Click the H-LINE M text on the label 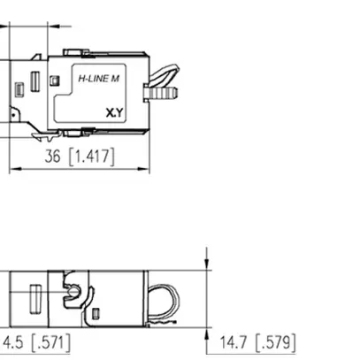tap(99, 80)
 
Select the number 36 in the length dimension tap(54, 157)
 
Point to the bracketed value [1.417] tap(92, 157)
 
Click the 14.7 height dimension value tap(233, 342)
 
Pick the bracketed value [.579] tap(275, 342)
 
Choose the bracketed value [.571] tap(50, 342)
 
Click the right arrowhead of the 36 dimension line tap(144, 168)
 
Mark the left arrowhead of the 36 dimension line tap(14, 168)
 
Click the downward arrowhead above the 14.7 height tap(207, 267)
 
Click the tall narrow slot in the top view tap(34, 80)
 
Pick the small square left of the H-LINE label tap(55, 80)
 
